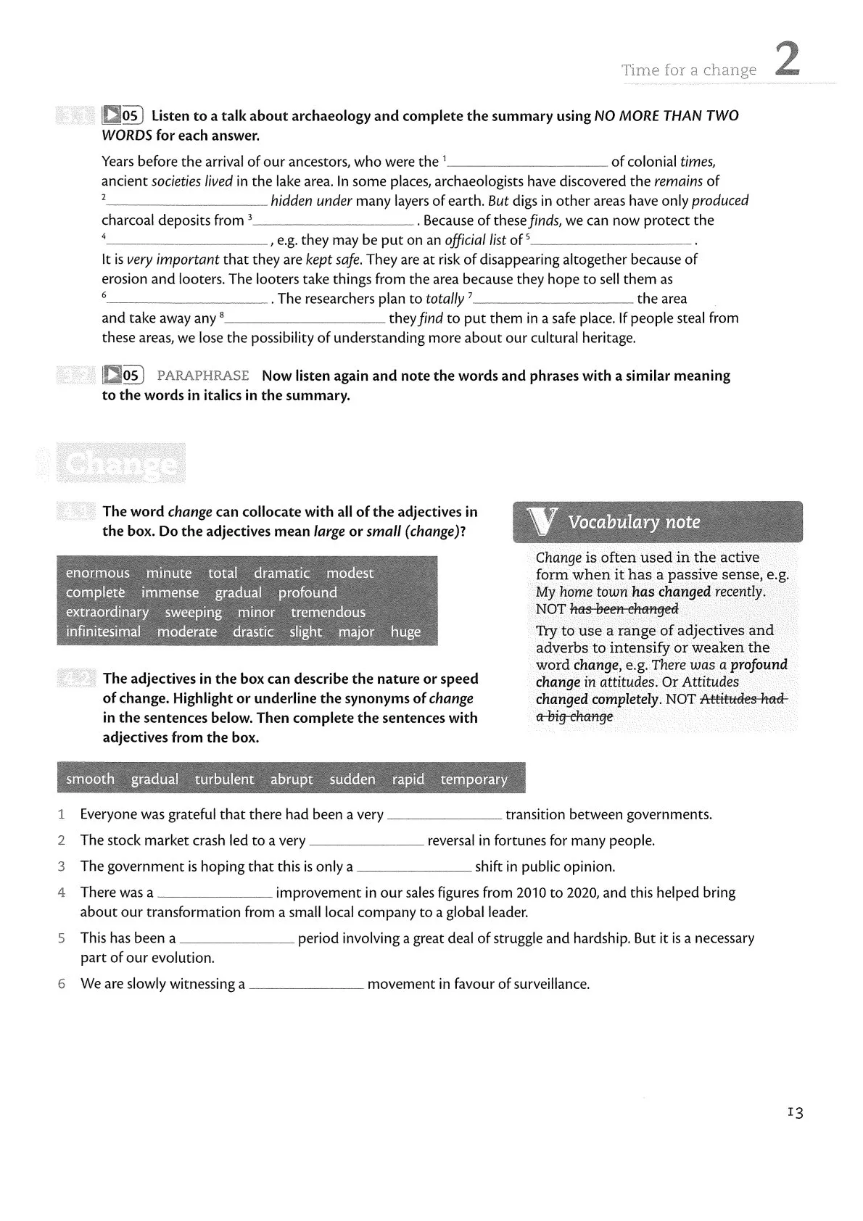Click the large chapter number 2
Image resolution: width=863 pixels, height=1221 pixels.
[x=788, y=59]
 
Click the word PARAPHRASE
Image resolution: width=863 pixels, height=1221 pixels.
[x=203, y=376]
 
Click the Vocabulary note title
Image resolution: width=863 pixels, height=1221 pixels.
[x=634, y=522]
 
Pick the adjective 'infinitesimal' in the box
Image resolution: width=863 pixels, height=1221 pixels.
[x=103, y=632]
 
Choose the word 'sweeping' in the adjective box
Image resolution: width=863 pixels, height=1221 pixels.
[x=193, y=612]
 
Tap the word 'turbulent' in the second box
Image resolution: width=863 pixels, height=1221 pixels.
[x=224, y=779]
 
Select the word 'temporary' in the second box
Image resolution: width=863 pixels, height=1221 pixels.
[x=474, y=779]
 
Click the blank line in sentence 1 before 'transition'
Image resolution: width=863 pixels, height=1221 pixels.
[x=445, y=817]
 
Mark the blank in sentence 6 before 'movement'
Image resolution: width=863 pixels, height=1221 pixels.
[x=305, y=986]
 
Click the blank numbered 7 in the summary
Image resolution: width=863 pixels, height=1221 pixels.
[x=554, y=301]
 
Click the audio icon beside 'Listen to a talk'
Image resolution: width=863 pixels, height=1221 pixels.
[x=112, y=115]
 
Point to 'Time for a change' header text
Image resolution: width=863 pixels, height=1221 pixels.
[x=688, y=70]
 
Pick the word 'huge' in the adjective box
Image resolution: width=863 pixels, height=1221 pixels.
[x=405, y=632]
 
